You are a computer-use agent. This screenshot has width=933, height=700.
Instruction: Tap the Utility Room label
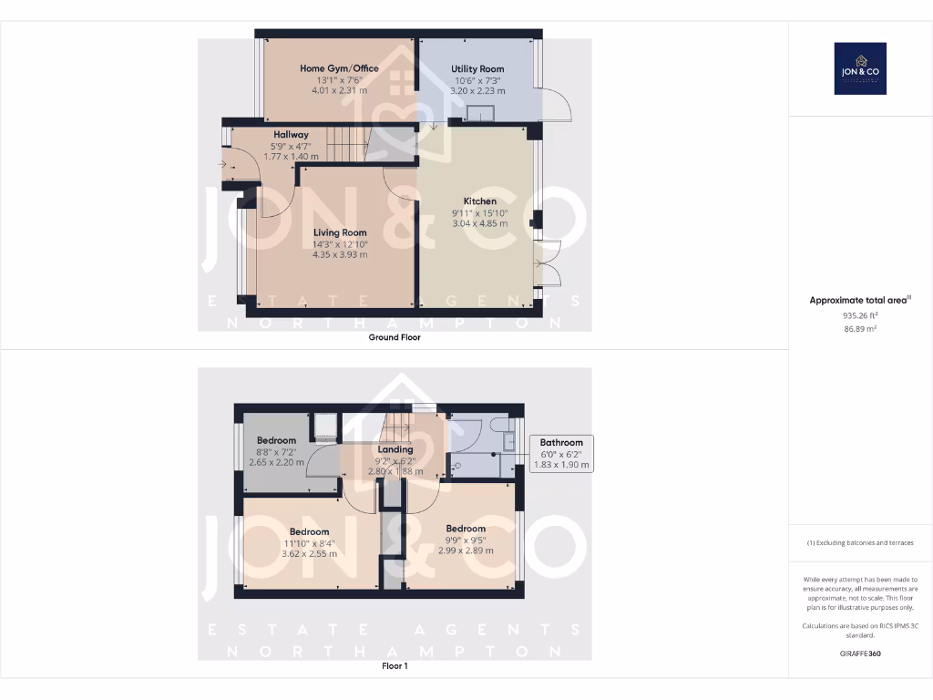click(477, 69)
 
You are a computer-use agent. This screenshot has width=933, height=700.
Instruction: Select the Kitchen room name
click(480, 201)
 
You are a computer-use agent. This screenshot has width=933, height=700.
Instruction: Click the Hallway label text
click(291, 135)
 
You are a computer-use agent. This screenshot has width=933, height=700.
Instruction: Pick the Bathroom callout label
click(560, 443)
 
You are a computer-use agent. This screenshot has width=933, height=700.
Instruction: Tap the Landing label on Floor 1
click(395, 449)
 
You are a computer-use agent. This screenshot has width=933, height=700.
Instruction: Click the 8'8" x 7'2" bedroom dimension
click(276, 451)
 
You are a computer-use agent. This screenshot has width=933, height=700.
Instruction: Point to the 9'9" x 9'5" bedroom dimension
click(466, 540)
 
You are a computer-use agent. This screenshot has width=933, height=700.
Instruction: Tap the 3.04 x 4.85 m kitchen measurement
click(480, 223)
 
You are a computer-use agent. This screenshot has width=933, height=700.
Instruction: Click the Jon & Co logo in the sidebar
click(860, 68)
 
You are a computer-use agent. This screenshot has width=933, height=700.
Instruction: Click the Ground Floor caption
click(395, 337)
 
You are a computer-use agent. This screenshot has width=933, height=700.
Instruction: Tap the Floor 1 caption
click(395, 666)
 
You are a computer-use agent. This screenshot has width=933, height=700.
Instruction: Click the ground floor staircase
click(346, 143)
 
